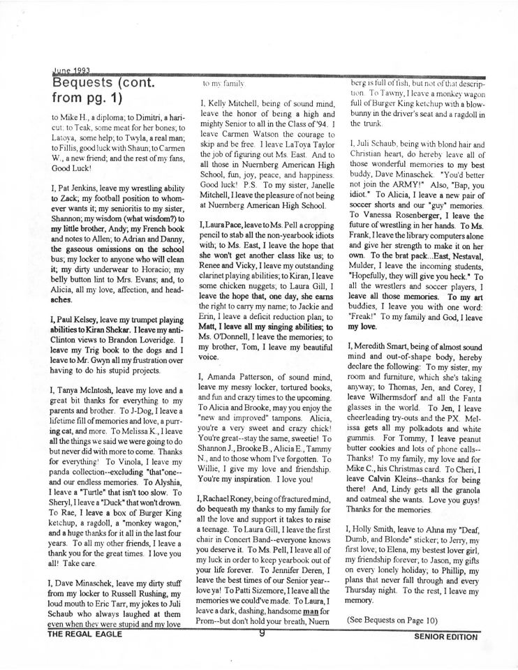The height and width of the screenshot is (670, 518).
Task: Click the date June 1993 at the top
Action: [x=71, y=70]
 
